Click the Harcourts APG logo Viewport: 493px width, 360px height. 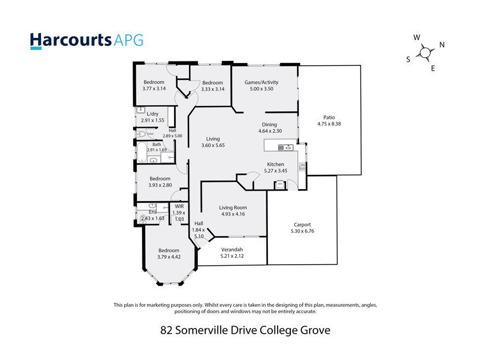click(87, 41)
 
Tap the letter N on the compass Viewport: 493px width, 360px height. click(442, 44)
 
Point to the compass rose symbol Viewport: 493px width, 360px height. click(425, 52)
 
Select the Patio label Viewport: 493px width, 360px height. click(329, 117)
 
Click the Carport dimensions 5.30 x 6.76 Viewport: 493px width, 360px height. click(302, 231)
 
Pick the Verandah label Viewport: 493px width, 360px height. click(232, 249)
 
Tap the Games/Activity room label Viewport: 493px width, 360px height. click(261, 82)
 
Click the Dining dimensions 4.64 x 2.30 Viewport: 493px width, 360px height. click(270, 131)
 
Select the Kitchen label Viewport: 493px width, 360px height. click(276, 164)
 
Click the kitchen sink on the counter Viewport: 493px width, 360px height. click(285, 147)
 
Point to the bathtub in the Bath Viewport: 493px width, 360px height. click(142, 152)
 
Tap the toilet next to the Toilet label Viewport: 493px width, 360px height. click(141, 134)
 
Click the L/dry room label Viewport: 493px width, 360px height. click(152, 114)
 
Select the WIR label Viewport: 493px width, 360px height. click(179, 206)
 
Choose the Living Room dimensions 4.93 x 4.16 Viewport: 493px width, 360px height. click(233, 214)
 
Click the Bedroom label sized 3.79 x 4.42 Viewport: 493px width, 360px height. click(169, 250)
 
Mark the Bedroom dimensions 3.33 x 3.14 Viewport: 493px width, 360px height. click(213, 89)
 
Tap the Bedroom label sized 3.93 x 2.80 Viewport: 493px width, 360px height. click(160, 179)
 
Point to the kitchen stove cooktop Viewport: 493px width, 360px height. click(302, 167)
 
